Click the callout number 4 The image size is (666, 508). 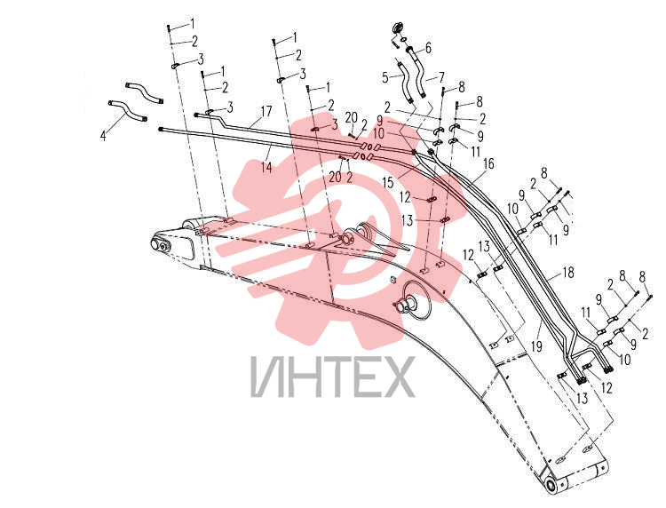(103, 137)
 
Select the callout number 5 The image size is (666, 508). (385, 78)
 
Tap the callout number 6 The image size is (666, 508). (428, 48)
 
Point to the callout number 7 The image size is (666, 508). (441, 77)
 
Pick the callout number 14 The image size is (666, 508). (266, 167)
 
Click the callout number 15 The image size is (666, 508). (388, 183)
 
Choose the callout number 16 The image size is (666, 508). (489, 163)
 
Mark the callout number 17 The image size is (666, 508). (266, 112)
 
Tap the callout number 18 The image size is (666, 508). (568, 273)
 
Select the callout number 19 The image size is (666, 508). (537, 346)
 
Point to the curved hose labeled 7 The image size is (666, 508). (417, 72)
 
